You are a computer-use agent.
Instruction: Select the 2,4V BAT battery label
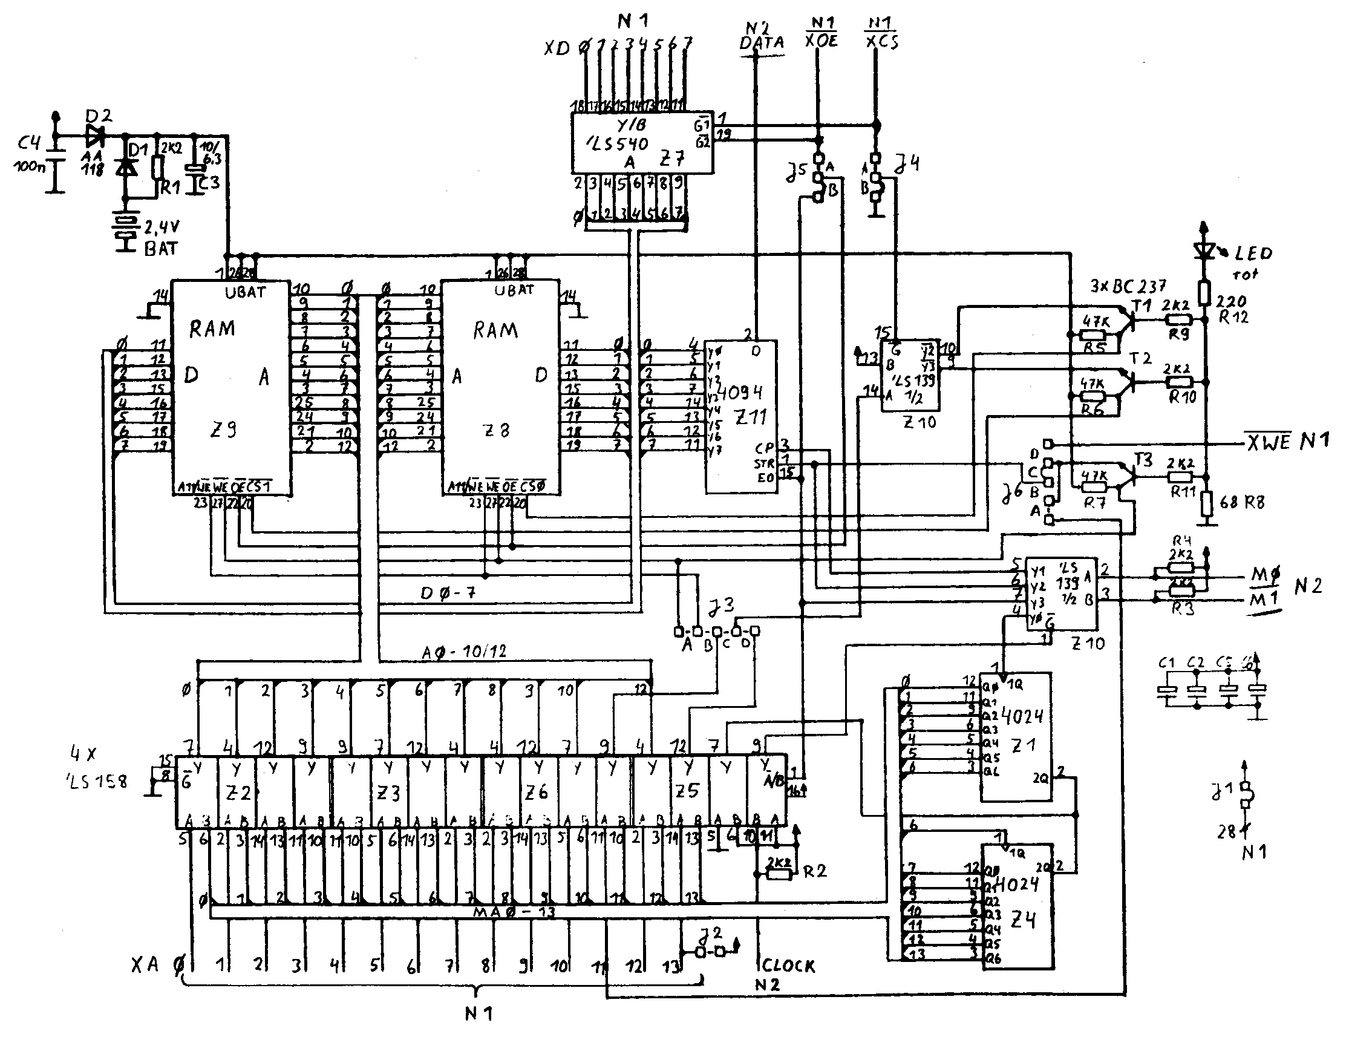point(162,238)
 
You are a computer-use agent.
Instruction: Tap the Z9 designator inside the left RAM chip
point(222,430)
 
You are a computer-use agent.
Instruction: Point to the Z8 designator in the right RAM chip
point(496,431)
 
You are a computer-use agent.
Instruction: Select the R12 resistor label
point(1233,317)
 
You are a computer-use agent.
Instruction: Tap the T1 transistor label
point(1142,306)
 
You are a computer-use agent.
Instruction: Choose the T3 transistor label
point(1143,460)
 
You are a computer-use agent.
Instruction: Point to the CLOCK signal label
point(788,966)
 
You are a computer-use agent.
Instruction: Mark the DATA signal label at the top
point(762,42)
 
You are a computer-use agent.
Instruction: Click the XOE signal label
point(821,41)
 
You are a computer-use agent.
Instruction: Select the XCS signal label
point(882,42)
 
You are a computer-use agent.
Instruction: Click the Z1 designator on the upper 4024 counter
point(1023,745)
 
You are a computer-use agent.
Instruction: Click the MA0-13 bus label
point(514,912)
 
